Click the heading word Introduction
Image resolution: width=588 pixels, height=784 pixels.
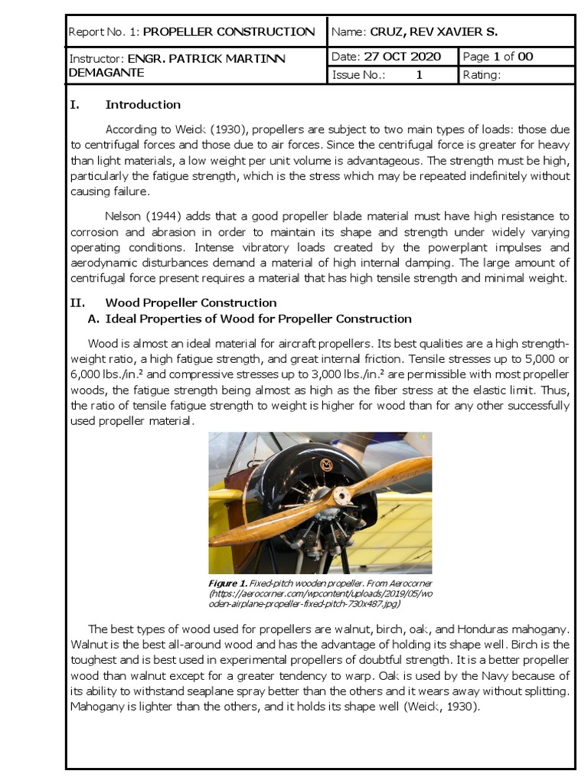[142, 105]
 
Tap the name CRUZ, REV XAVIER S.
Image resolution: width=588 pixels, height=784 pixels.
[433, 32]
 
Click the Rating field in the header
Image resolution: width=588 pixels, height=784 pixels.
[482, 75]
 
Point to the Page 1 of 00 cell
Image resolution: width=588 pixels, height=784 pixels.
[498, 57]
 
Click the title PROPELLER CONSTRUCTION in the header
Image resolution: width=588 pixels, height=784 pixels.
[229, 32]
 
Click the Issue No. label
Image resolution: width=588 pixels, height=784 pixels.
[358, 75]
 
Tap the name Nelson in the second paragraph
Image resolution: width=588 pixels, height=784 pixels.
[123, 217]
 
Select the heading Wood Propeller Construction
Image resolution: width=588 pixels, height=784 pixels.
[191, 303]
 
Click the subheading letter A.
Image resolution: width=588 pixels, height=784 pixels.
[95, 318]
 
